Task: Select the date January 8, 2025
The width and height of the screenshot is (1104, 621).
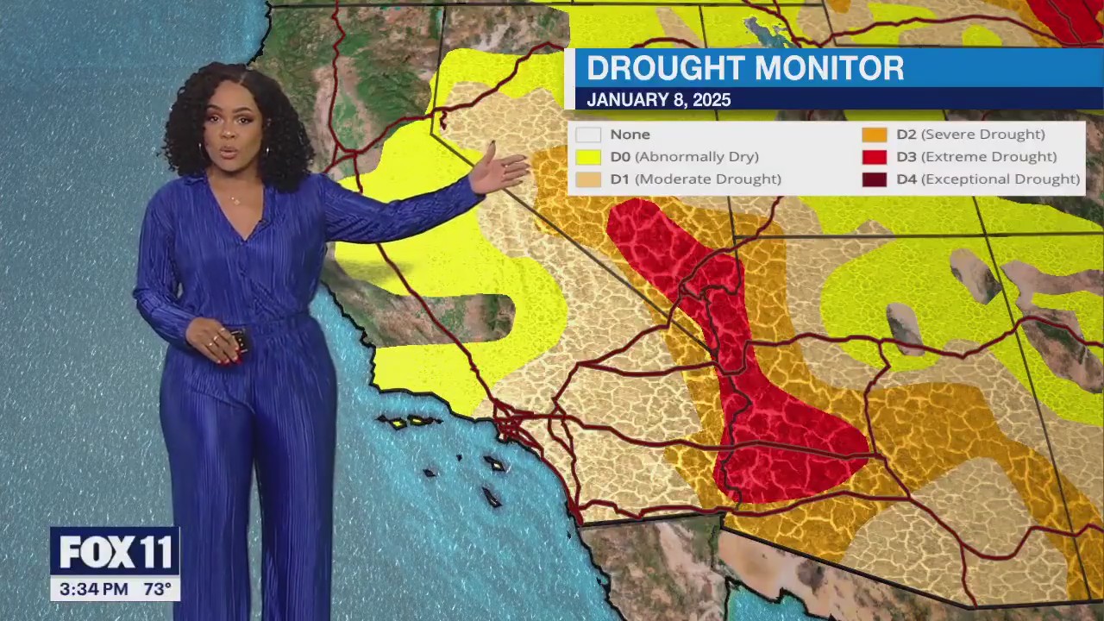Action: click(x=658, y=100)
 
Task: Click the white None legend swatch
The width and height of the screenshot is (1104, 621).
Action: click(x=588, y=135)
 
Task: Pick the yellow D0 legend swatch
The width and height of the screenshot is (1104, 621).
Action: click(x=588, y=157)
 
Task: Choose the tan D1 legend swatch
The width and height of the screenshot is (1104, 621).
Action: click(x=588, y=179)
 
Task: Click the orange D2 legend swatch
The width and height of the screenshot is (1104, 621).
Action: click(x=874, y=135)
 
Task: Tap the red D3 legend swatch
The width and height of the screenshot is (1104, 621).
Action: click(x=874, y=157)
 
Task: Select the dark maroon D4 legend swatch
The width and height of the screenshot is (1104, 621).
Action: click(x=874, y=179)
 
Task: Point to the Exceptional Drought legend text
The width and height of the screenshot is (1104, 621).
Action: click(x=1000, y=179)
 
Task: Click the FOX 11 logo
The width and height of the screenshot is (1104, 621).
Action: click(x=115, y=553)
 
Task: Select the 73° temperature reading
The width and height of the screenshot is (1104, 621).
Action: click(x=157, y=590)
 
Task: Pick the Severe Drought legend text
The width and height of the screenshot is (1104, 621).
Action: click(x=982, y=135)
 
